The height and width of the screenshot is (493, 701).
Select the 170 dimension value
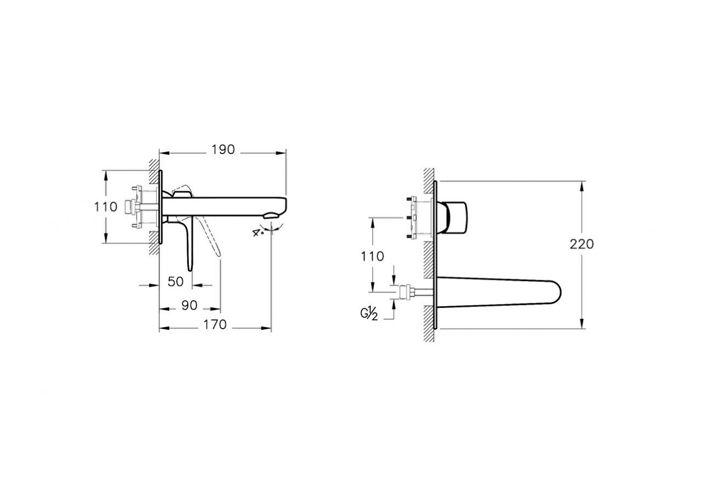[x=215, y=325]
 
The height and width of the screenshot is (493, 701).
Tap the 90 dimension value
[x=189, y=306]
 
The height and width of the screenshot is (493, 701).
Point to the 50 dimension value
[x=175, y=282]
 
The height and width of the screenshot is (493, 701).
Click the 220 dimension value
[x=581, y=244]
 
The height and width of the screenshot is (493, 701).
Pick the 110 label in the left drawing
[x=106, y=207]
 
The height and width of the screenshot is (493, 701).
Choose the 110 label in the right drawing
[x=373, y=256]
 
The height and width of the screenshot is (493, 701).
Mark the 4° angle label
[x=257, y=232]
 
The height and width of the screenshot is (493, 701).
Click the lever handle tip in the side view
[x=190, y=267]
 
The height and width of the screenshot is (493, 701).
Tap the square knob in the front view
[x=457, y=216]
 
